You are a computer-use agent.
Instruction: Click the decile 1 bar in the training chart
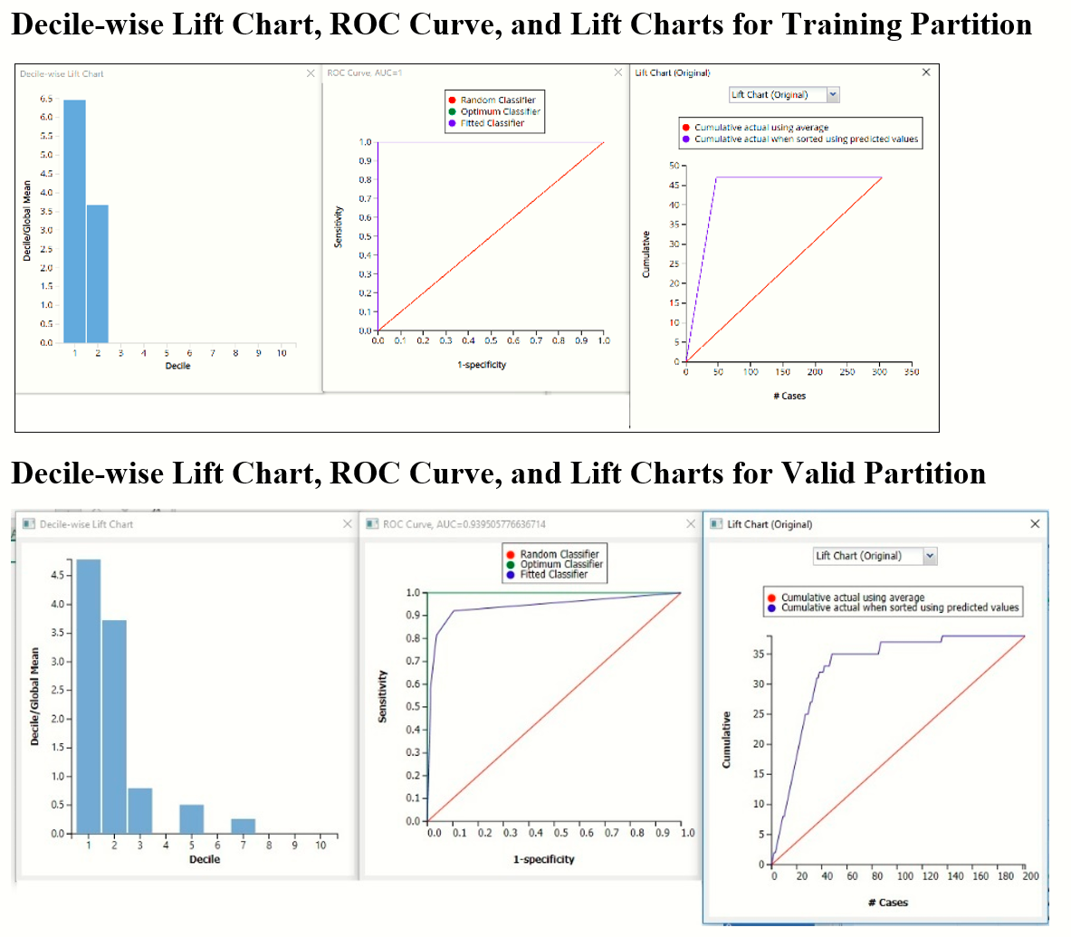coord(74,222)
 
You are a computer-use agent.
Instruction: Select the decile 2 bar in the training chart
coord(98,274)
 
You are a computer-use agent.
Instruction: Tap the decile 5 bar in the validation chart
coord(192,818)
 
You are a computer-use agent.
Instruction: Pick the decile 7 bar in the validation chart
coord(243,826)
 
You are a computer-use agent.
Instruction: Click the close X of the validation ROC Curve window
coord(691,524)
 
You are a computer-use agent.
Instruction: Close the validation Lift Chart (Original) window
coord(1035,524)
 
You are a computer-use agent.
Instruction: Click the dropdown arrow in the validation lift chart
coord(930,556)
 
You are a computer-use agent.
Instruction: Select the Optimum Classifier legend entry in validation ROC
coord(560,564)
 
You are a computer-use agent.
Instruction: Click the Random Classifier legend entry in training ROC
coord(497,100)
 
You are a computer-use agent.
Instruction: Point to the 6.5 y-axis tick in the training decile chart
coord(46,99)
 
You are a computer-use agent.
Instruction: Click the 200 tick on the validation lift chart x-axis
coord(1031,876)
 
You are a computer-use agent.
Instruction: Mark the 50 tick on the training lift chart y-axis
coord(674,166)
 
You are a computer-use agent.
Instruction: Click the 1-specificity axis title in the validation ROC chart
coord(543,859)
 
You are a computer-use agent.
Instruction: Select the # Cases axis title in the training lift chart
coord(789,396)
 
